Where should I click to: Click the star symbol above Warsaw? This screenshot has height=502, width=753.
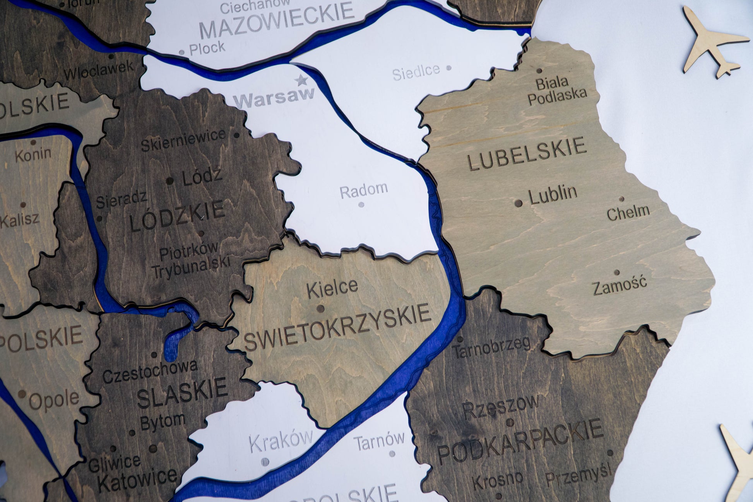click(x=301, y=81)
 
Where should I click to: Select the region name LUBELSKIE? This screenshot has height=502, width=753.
click(x=527, y=154)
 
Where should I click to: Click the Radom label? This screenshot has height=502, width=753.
click(x=364, y=190)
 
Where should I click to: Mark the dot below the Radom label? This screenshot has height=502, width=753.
click(x=361, y=205)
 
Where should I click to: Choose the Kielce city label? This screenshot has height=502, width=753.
click(x=332, y=288)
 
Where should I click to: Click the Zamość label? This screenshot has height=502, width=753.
click(x=620, y=285)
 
